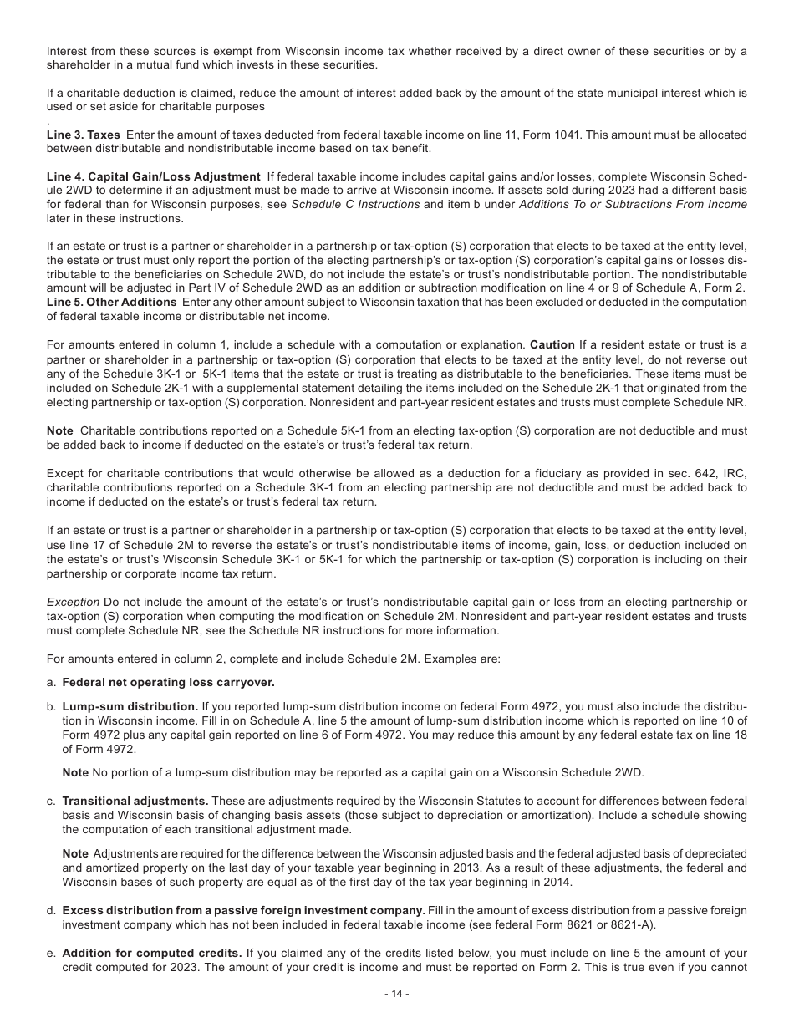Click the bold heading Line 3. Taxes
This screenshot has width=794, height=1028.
click(x=84, y=135)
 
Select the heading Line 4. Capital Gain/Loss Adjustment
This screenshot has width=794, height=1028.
click(x=154, y=177)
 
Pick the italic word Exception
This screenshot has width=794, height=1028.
click(x=73, y=603)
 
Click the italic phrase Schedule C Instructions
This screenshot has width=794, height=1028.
click(x=355, y=205)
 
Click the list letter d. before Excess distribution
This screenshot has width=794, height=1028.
click(x=52, y=910)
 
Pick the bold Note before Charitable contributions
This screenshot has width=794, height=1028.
click(x=59, y=430)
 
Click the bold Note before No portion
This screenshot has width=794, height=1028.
click(x=75, y=772)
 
